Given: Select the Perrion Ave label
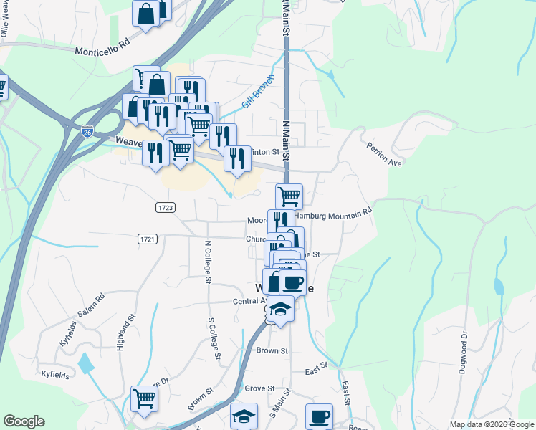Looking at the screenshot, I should (385, 153).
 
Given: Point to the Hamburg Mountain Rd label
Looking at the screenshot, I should (335, 213).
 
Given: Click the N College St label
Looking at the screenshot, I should (207, 262).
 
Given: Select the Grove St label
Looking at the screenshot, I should (259, 388).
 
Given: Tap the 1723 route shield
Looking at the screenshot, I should (166, 207).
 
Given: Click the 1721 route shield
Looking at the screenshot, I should (147, 237).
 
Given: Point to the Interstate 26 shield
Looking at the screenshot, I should (87, 130).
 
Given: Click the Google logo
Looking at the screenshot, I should (24, 421).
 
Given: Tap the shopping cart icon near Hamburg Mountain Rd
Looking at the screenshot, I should (289, 195).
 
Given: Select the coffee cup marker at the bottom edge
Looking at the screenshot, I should (319, 416).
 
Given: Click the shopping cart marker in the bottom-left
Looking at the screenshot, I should (144, 398).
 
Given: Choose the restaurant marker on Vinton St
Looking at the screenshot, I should (237, 158).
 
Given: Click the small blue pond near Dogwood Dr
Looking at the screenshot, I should (498, 288).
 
